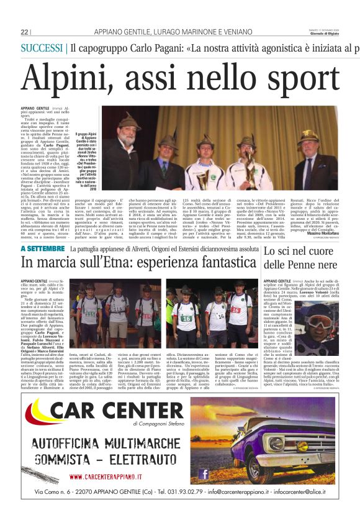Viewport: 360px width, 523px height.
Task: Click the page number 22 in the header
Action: (25, 32)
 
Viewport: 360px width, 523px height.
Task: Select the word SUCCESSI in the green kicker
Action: (43, 47)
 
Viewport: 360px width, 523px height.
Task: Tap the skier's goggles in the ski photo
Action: (318, 322)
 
